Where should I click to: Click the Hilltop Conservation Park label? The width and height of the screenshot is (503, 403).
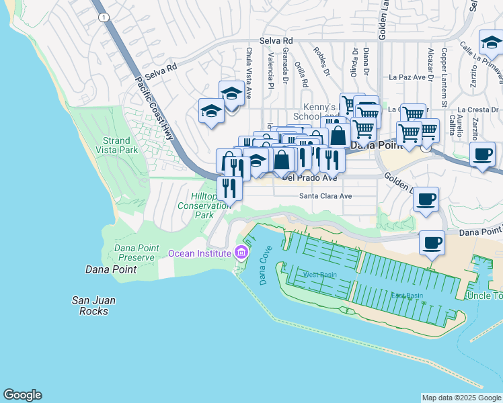211,205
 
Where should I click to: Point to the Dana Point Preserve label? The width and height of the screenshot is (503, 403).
137,253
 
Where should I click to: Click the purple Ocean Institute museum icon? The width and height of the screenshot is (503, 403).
241,253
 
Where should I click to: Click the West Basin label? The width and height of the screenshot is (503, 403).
319,275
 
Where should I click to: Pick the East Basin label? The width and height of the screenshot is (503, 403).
408,296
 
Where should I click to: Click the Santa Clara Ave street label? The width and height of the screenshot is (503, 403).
325,197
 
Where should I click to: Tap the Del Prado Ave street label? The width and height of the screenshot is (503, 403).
309,178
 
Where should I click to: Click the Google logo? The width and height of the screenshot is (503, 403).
22,395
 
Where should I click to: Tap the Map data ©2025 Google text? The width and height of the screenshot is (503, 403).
461,398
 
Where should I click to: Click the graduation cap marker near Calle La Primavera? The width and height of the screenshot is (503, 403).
491,42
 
